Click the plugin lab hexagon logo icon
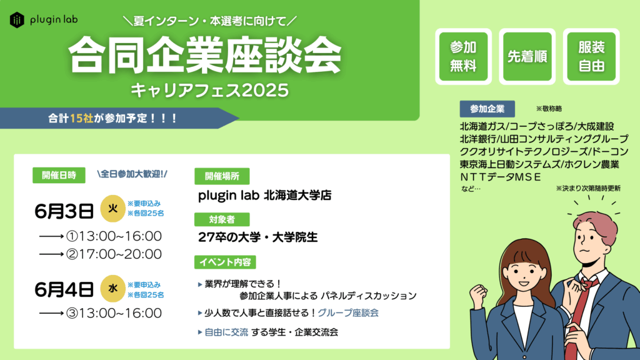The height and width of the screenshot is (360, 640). click(x=17, y=19)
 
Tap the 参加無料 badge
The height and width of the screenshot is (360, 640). click(x=463, y=56)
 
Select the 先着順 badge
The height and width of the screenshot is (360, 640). click(x=527, y=56)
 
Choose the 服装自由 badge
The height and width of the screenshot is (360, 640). click(x=591, y=56)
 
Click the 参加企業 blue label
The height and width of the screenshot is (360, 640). click(x=487, y=109)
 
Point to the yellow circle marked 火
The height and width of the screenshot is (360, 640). click(x=112, y=209)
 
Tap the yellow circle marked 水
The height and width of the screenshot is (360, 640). click(x=112, y=289)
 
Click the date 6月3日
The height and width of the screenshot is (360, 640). click(x=64, y=211)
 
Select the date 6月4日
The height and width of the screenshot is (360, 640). click(x=64, y=290)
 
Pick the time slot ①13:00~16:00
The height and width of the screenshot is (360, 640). click(x=114, y=236)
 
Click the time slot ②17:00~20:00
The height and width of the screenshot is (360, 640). click(x=114, y=254)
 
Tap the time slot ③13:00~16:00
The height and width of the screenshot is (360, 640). click(x=114, y=313)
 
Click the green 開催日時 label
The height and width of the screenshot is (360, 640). click(x=59, y=175)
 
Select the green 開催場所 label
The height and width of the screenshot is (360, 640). click(x=222, y=176)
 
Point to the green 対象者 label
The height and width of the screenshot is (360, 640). click(x=222, y=219)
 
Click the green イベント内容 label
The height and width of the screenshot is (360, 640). click(x=225, y=262)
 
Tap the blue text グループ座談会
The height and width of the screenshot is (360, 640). click(x=347, y=313)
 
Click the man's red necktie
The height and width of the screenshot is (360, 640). click(x=579, y=314)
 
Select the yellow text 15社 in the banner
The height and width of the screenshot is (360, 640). click(x=82, y=118)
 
